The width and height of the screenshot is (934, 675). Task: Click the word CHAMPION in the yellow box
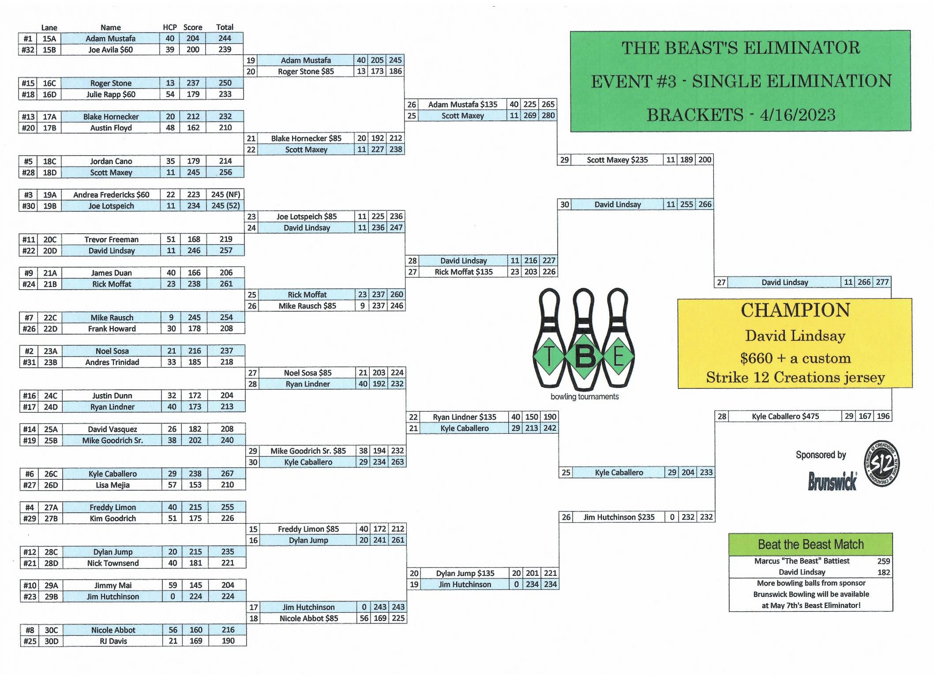point(795,310)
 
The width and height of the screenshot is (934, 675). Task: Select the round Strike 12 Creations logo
point(882,464)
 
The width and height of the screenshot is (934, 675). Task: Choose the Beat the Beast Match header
point(810,544)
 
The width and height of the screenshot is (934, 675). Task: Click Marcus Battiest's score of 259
point(883,561)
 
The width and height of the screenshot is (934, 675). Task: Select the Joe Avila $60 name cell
point(110,50)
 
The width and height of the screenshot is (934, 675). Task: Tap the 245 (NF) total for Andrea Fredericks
point(225,194)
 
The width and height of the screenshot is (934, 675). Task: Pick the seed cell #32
point(28,50)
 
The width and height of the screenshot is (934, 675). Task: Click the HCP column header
point(170,27)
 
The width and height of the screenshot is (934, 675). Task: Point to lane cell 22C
point(50,317)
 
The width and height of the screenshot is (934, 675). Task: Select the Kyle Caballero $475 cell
point(785,416)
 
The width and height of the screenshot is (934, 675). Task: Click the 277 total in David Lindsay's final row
point(882,282)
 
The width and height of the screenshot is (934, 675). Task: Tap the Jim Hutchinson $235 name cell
point(619,517)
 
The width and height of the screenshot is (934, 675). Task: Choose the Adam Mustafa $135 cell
point(462,104)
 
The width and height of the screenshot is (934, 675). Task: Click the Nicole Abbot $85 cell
point(308,619)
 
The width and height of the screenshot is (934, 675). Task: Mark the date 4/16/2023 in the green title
point(797,115)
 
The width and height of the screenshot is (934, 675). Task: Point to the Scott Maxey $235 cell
point(617,160)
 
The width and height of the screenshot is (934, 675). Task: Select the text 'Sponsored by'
point(821,455)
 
